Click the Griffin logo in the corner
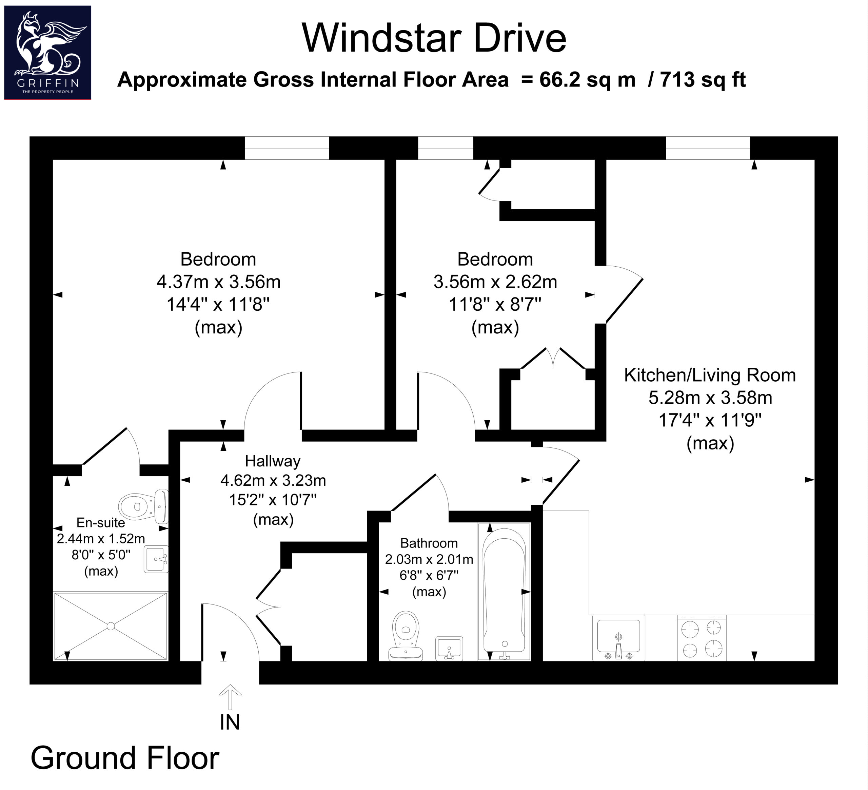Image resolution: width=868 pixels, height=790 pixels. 47,53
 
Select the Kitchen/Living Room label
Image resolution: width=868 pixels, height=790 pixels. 710,375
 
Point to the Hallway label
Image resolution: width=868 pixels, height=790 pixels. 273,461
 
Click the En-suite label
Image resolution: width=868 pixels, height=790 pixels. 101,522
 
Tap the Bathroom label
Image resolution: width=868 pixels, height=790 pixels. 429,543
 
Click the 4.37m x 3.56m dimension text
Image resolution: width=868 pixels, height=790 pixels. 218,282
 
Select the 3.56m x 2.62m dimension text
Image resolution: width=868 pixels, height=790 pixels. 495,282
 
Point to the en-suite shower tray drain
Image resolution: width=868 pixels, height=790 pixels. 111,626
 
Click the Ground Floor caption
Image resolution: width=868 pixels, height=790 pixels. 125,758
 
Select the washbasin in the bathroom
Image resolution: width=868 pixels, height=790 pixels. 449,649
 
